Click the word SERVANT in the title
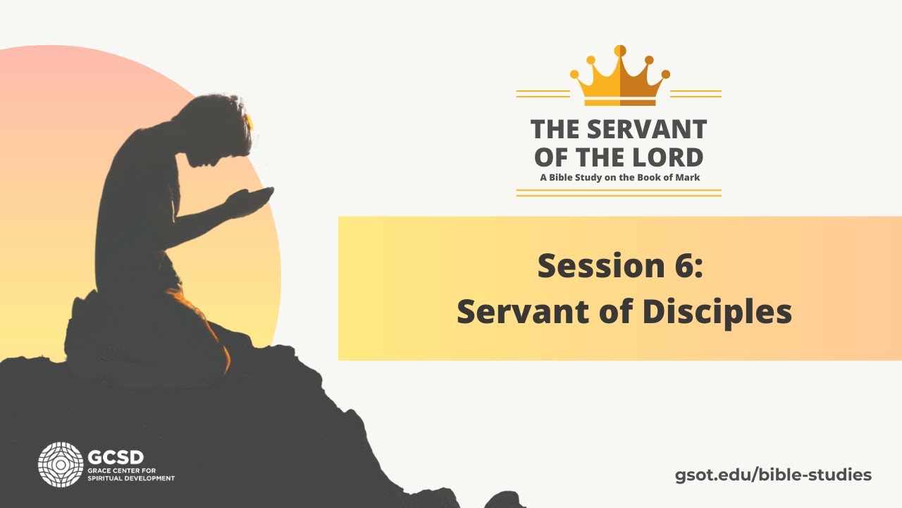pos(647,130)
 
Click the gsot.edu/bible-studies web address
pos(773,475)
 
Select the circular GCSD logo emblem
pos(61,464)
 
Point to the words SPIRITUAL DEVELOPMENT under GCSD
pos(131,478)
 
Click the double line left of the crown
pos(543,93)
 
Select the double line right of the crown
pos(696,93)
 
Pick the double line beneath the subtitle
pos(619,192)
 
